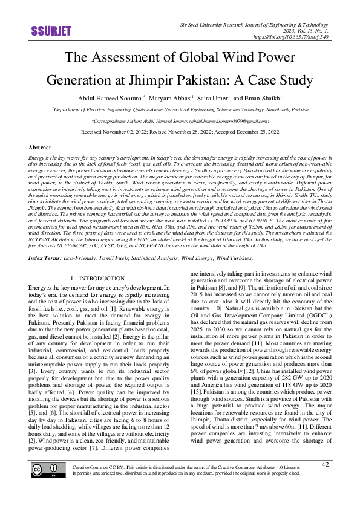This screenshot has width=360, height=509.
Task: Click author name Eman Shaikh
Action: [263, 97]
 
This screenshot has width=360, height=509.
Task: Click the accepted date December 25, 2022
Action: [254, 131]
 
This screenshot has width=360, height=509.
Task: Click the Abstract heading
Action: [40, 148]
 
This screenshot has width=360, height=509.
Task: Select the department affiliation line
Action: [180, 111]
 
